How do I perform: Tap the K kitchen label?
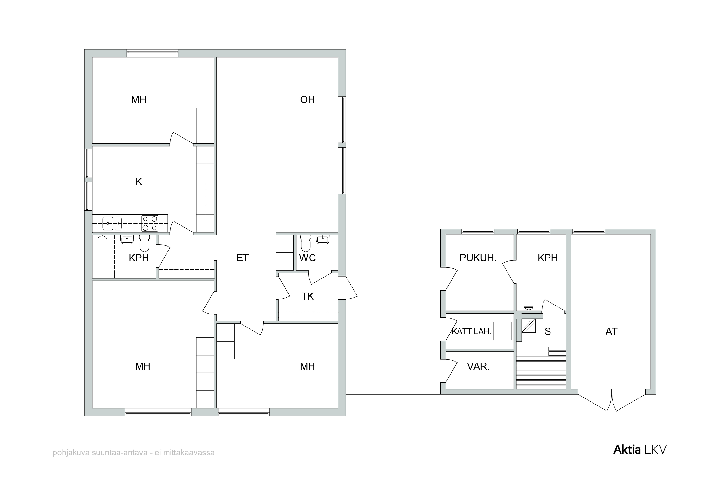[x=139, y=182]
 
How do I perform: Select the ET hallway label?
[x=243, y=258]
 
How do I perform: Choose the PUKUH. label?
[x=478, y=258]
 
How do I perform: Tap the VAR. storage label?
[x=478, y=366]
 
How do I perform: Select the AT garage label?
[x=611, y=331]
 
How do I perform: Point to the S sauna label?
[x=548, y=331]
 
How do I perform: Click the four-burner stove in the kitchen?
[x=150, y=223]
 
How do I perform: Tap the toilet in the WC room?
[x=306, y=244]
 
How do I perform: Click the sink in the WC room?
[x=323, y=239]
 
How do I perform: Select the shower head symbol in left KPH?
[x=101, y=238]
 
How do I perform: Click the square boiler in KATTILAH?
[x=502, y=331]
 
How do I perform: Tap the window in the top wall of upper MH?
[x=153, y=54]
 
